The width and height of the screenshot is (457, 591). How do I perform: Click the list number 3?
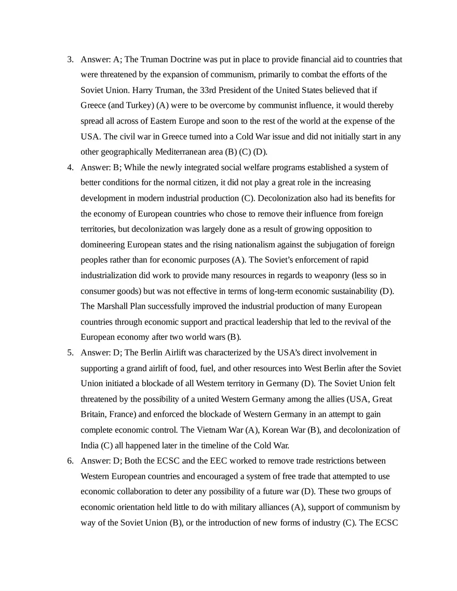(x=70, y=60)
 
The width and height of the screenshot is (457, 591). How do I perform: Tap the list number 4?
(x=70, y=168)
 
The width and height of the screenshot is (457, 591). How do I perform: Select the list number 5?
(x=70, y=353)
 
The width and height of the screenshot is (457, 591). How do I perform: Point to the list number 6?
(x=70, y=461)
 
